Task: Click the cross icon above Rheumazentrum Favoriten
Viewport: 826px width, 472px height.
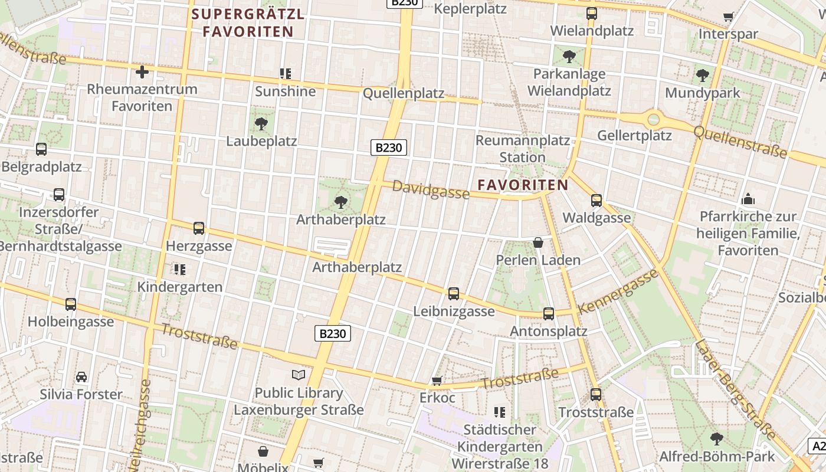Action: (142, 73)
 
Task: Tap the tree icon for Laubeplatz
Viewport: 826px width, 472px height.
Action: (261, 124)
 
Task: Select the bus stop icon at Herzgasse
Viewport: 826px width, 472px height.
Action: (199, 228)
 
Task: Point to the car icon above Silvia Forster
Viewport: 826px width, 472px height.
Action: (81, 377)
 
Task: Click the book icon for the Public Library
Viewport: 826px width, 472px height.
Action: (299, 375)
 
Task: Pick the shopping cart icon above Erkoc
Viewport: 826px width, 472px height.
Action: (437, 381)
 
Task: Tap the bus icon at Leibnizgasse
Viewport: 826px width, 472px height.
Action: (453, 293)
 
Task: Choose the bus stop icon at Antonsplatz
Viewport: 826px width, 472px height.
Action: (549, 313)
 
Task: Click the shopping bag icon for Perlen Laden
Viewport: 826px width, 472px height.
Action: (538, 242)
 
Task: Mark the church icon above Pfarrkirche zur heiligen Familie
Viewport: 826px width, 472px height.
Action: (748, 199)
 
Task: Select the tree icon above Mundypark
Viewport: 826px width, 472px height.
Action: (702, 76)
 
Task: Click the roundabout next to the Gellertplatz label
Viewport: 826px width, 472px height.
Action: (653, 120)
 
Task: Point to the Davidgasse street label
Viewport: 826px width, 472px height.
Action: (431, 189)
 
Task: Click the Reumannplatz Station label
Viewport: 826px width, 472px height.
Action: (522, 149)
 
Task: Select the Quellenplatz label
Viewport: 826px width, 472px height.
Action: (404, 93)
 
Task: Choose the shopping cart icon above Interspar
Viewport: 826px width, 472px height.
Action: (728, 17)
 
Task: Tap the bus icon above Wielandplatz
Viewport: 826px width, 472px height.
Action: (591, 14)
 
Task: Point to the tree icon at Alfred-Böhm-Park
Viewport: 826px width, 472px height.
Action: (717, 438)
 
